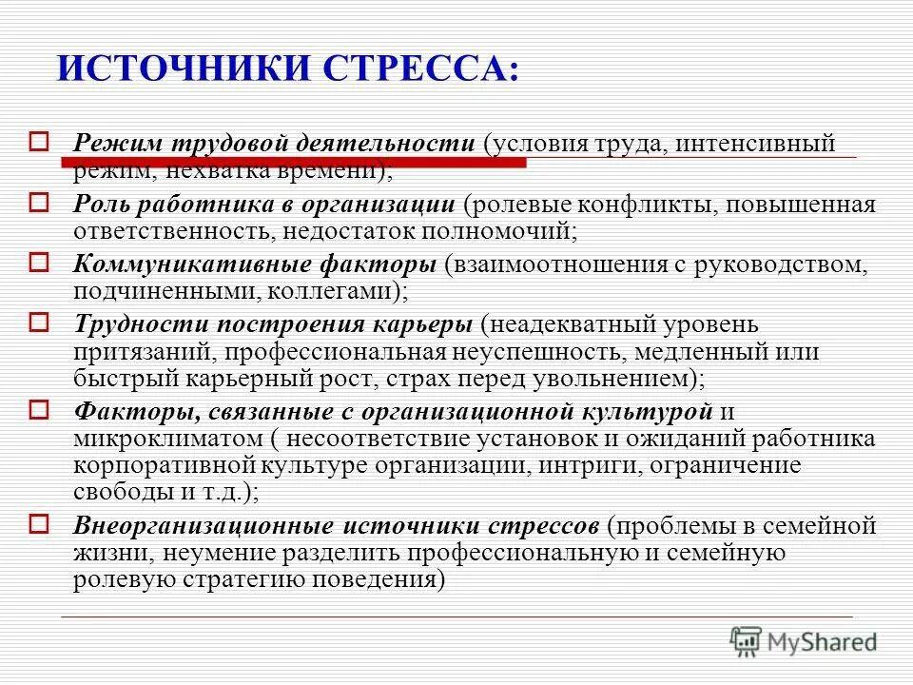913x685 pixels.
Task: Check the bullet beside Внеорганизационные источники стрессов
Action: [x=39, y=521]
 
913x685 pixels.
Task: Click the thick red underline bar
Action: [x=294, y=164]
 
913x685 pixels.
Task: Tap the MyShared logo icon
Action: [x=746, y=642]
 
